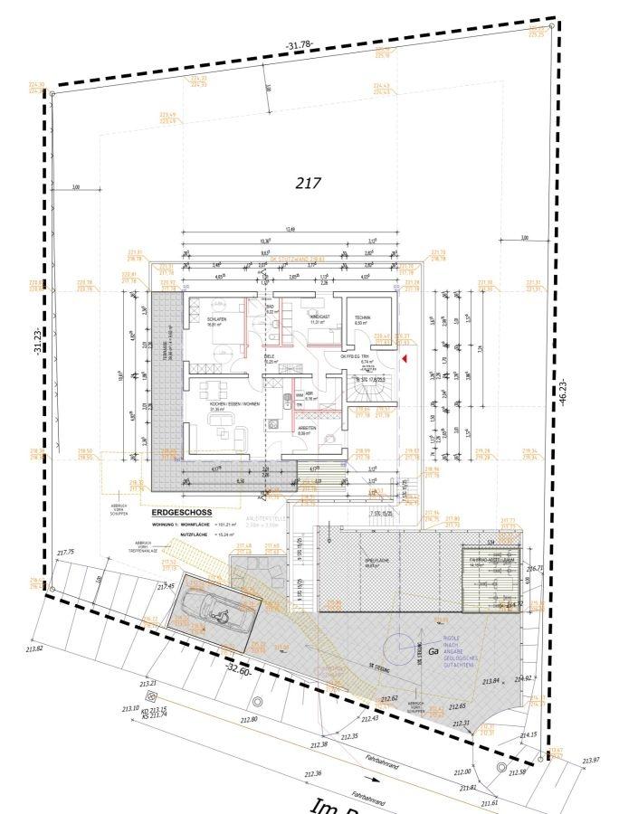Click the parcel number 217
(x=309, y=182)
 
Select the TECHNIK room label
(x=362, y=317)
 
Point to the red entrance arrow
(x=405, y=360)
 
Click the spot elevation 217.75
(x=65, y=552)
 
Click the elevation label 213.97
(x=592, y=759)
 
